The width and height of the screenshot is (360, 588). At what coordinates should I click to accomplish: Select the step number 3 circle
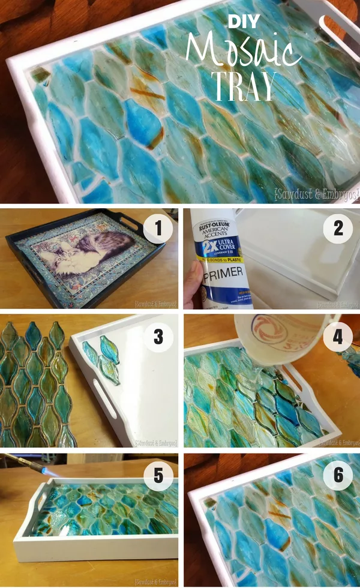(158, 337)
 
